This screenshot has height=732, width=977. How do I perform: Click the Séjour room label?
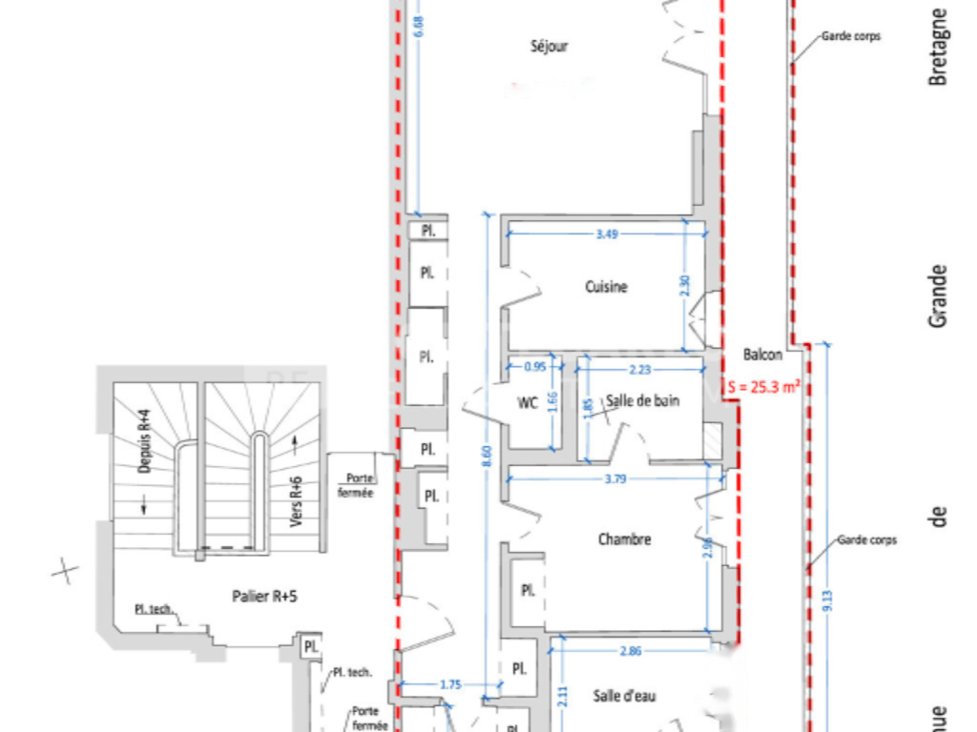(x=549, y=46)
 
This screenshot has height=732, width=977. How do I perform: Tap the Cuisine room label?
(x=606, y=287)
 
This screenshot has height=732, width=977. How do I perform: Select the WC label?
(x=528, y=402)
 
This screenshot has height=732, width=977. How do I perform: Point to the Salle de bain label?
(x=643, y=401)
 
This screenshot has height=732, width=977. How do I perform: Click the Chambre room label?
(x=624, y=539)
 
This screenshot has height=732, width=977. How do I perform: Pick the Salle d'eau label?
(x=624, y=696)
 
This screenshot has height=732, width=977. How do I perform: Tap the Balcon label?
(x=762, y=355)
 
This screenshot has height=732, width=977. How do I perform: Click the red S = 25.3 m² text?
(x=763, y=388)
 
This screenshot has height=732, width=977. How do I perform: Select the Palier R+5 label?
(x=265, y=596)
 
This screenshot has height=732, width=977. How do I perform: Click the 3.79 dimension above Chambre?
(x=615, y=479)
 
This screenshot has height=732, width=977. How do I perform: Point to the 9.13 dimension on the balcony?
(x=827, y=600)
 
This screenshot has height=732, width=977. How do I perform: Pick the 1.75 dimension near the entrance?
(x=451, y=684)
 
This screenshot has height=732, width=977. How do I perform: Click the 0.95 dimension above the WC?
(x=535, y=366)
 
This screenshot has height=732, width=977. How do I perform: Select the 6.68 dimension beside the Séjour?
(x=417, y=27)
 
